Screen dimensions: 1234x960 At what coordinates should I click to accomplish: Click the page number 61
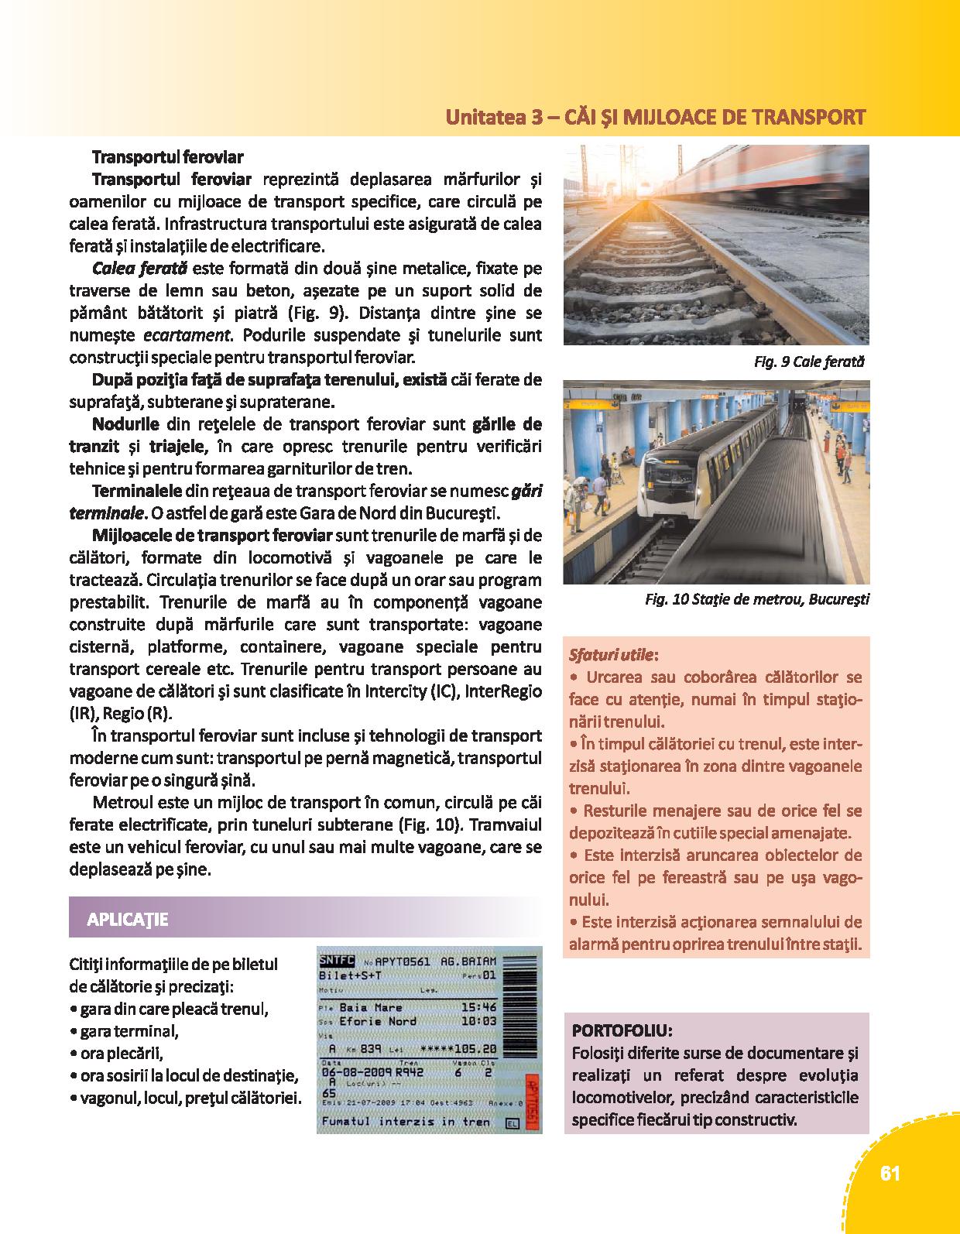pyautogui.click(x=890, y=1174)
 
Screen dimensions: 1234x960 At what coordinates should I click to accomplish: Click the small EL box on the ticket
pyautogui.click(x=512, y=1121)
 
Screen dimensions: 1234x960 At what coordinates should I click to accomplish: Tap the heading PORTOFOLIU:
pyautogui.click(x=622, y=1031)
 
